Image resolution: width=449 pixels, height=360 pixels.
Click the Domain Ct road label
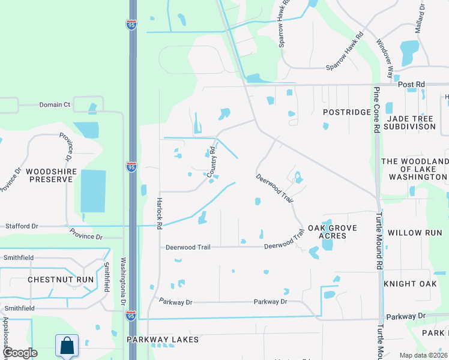pyautogui.click(x=55, y=104)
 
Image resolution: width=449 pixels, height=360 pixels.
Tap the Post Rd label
pyautogui.click(x=415, y=85)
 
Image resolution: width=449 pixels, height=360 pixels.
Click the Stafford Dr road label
pyautogui.click(x=21, y=226)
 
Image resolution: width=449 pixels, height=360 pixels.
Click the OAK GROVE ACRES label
pyautogui.click(x=332, y=232)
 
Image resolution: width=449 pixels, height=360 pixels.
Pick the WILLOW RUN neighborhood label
pyautogui.click(x=415, y=232)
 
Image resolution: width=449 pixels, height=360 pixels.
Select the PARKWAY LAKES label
pyautogui.click(x=163, y=340)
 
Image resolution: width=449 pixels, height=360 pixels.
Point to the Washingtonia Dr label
pyautogui.click(x=123, y=281)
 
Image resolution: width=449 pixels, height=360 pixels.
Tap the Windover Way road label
pyautogui.click(x=384, y=59)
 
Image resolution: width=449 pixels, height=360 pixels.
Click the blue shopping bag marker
pyautogui.click(x=66, y=346)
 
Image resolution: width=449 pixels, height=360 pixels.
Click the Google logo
pyautogui.click(x=20, y=353)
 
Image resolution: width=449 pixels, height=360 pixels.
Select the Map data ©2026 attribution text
pyautogui.click(x=423, y=355)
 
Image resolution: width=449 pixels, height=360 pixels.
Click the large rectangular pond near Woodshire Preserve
pyautogui.click(x=93, y=191)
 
